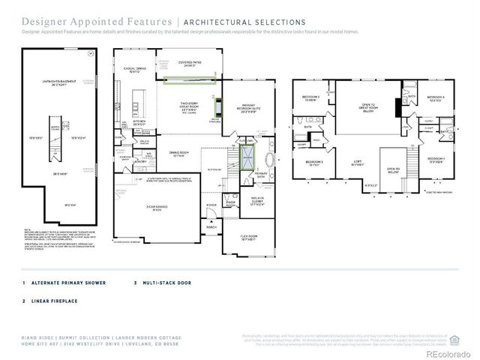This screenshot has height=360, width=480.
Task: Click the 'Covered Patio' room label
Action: [187, 63]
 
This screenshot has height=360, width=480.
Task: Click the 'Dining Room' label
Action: [177, 154]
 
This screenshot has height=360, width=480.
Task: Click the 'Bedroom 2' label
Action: [311, 98]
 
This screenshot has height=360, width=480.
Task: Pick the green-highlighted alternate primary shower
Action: [246, 157]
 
